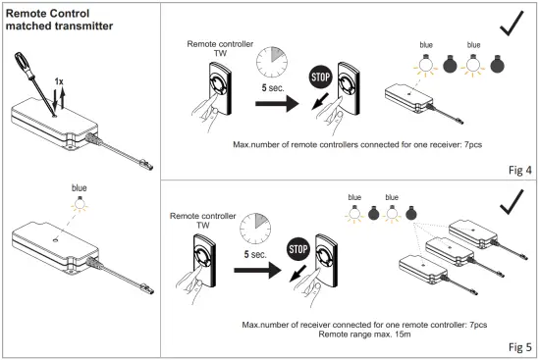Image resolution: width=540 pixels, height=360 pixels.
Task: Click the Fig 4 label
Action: [520, 170]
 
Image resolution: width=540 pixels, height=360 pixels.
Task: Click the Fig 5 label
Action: [520, 347]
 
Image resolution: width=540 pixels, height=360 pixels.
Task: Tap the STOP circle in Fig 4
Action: [320, 77]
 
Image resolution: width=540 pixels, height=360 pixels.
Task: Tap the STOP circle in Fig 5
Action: [297, 249]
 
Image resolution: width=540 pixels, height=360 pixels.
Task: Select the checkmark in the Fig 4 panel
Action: [512, 24]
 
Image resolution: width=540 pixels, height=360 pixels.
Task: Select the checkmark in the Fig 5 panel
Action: [512, 202]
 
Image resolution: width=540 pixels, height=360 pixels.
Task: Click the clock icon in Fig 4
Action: [272, 63]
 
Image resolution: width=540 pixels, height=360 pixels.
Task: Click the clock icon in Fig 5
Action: [255, 229]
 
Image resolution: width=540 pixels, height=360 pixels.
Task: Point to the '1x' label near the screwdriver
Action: [59, 81]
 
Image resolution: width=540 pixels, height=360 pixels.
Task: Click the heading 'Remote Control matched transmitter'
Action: [59, 20]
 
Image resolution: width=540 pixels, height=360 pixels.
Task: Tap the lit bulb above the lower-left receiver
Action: [80, 204]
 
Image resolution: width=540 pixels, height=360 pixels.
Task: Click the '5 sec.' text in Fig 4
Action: [273, 87]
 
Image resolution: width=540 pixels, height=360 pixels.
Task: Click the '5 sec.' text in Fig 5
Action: [255, 254]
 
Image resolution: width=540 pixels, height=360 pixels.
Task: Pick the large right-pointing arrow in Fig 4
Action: [277, 103]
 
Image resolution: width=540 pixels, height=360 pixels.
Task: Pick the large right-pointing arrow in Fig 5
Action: [257, 270]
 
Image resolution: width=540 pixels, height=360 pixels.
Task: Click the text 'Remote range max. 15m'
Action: [364, 334]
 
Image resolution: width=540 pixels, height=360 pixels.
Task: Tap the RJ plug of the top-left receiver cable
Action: [146, 165]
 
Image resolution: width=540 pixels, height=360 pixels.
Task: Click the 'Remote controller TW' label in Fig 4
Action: [220, 48]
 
